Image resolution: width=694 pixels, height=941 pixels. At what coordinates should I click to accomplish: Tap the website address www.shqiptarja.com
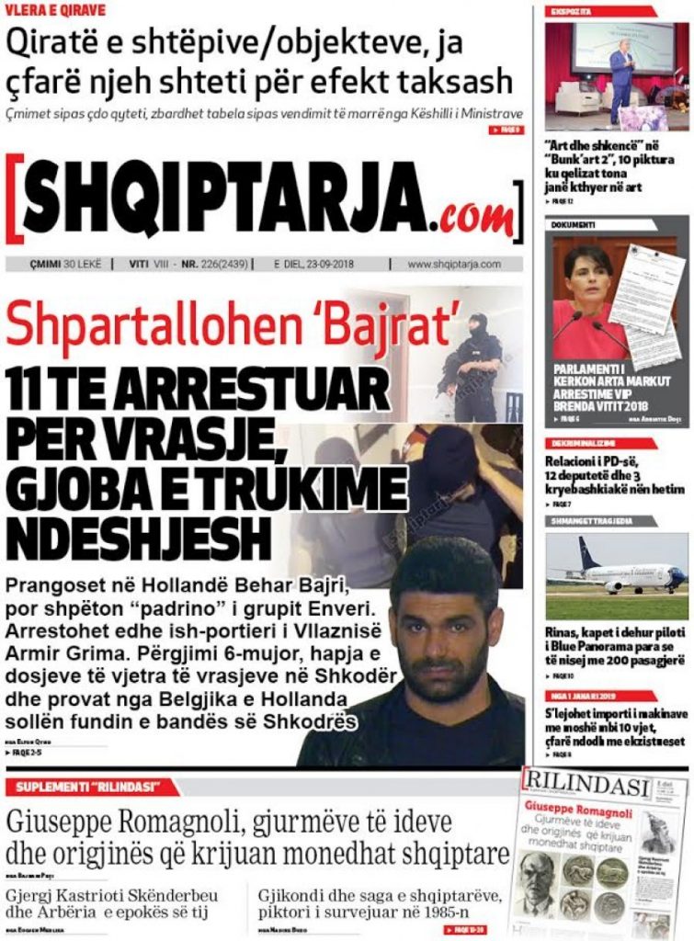tap(454, 264)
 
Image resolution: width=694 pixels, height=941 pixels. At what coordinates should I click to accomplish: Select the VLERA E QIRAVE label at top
tap(55, 10)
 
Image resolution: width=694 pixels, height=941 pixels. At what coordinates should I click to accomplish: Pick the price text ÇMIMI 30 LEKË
tap(56, 264)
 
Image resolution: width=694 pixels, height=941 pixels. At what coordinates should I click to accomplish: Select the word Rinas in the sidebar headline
tap(565, 633)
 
